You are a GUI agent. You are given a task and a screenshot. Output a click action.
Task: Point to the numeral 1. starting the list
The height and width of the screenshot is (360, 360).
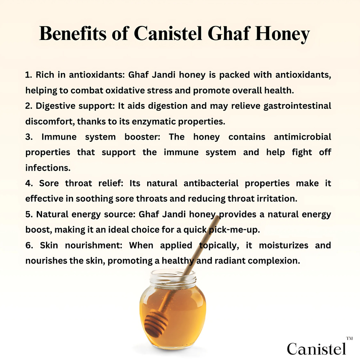(29, 75)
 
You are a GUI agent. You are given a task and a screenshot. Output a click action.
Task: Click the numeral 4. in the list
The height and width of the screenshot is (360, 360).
(29, 183)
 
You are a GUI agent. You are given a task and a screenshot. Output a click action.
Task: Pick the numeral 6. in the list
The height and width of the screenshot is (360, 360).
(29, 246)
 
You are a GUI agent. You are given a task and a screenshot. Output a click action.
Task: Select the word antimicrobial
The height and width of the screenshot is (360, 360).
(302, 137)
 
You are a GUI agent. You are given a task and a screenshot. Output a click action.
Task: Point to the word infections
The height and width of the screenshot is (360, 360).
(48, 168)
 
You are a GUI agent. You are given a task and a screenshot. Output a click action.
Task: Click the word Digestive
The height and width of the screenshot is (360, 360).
(56, 106)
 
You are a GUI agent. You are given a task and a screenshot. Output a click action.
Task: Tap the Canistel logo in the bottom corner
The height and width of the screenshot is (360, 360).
(316, 348)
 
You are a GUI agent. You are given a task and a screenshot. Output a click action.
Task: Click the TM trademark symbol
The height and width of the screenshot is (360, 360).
(349, 338)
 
